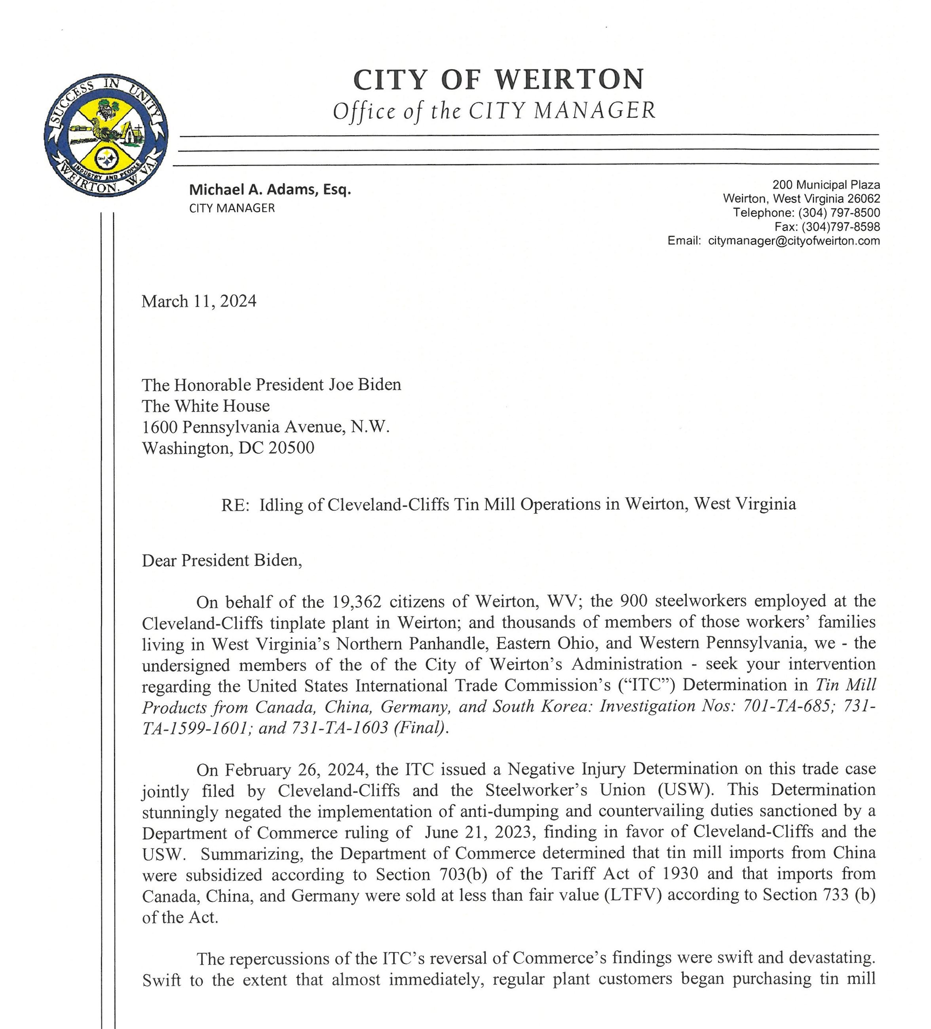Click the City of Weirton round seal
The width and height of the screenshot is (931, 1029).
pyautogui.click(x=106, y=135)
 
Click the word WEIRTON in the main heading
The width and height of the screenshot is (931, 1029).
pyautogui.click(x=569, y=80)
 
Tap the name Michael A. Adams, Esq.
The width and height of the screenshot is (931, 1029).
pyautogui.click(x=270, y=190)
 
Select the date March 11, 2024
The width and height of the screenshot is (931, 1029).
pyautogui.click(x=199, y=301)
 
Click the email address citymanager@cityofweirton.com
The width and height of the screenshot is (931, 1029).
pyautogui.click(x=794, y=241)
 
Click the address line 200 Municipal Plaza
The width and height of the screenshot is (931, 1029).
pyautogui.click(x=826, y=184)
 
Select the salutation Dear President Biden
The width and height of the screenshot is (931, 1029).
pyautogui.click(x=222, y=560)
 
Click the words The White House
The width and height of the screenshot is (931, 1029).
pyautogui.click(x=206, y=406)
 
